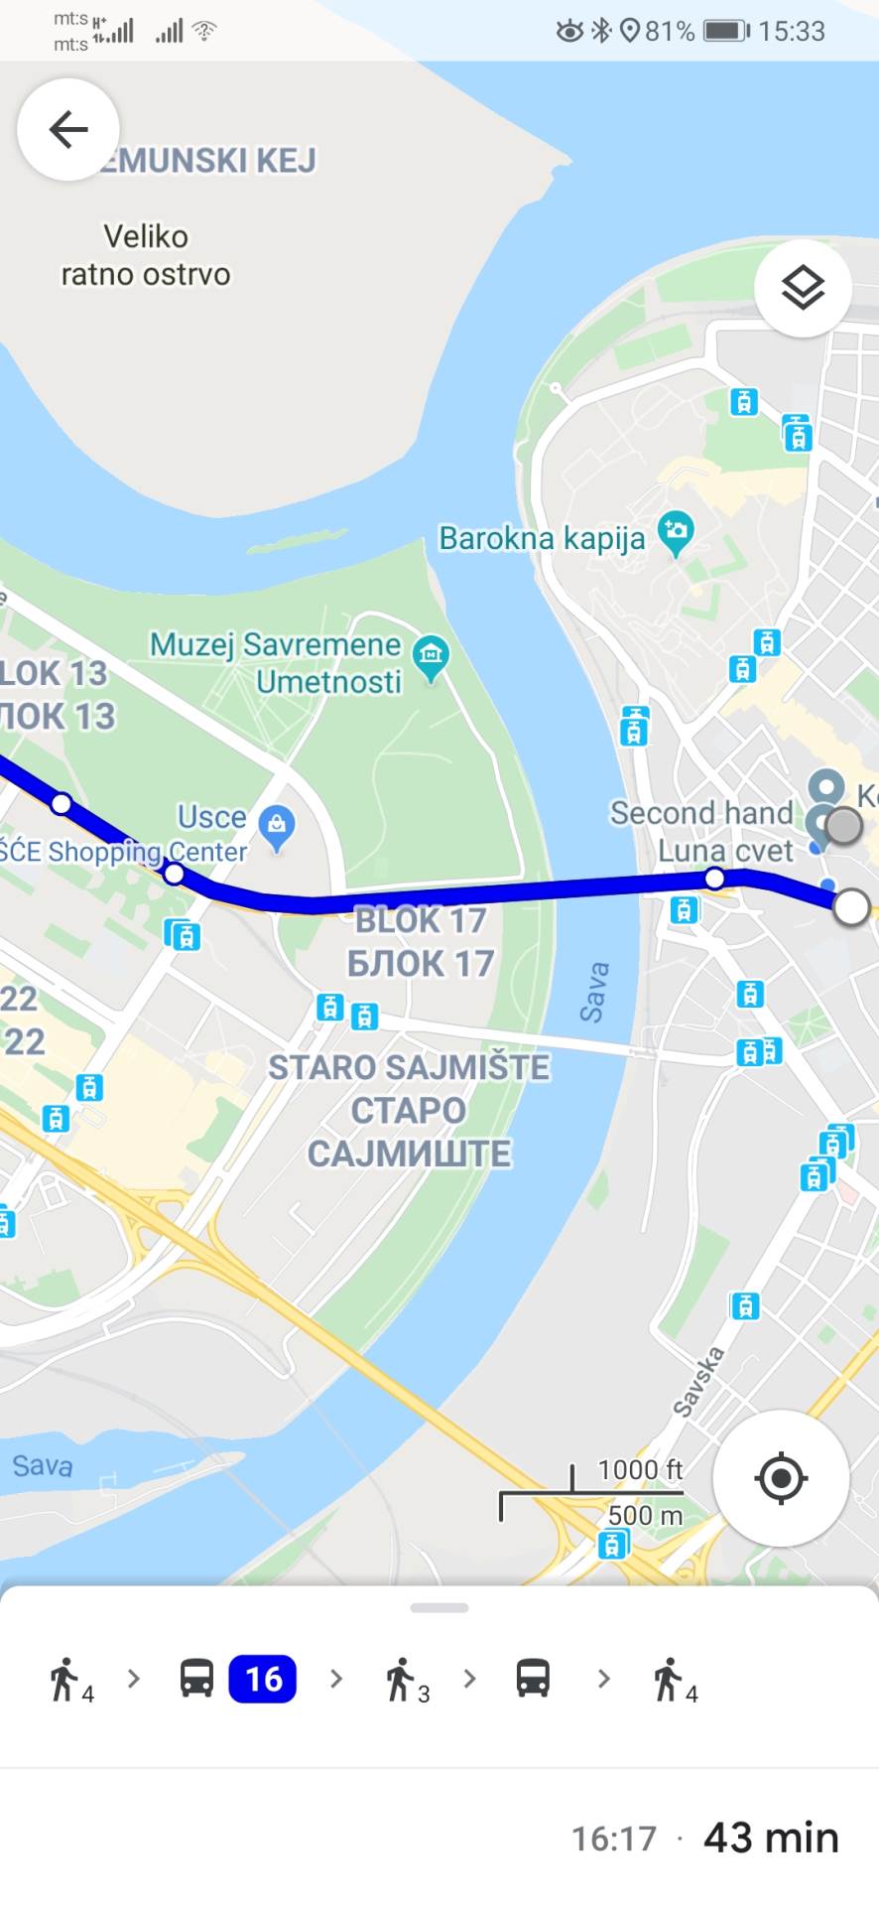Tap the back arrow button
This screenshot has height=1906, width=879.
pyautogui.click(x=67, y=129)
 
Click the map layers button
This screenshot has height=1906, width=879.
pyautogui.click(x=803, y=289)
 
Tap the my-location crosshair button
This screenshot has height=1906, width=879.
pyautogui.click(x=781, y=1478)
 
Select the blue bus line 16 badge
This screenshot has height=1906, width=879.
pyautogui.click(x=263, y=1679)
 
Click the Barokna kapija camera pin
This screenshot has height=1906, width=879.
pyautogui.click(x=676, y=532)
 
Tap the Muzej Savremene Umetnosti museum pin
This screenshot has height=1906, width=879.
pyautogui.click(x=431, y=656)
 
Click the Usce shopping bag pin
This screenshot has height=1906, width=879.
pyautogui.click(x=277, y=826)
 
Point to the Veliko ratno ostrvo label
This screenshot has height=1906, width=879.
pyautogui.click(x=146, y=255)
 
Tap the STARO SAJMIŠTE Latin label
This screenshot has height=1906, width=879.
pyautogui.click(x=409, y=1067)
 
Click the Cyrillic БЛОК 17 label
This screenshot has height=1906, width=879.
pyautogui.click(x=420, y=963)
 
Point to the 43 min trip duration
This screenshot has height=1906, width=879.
pyautogui.click(x=771, y=1838)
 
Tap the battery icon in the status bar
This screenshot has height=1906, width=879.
pyautogui.click(x=726, y=31)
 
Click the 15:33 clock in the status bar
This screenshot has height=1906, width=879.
pyautogui.click(x=792, y=31)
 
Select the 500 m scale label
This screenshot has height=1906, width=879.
pyautogui.click(x=645, y=1515)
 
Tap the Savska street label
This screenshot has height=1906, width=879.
pyautogui.click(x=698, y=1381)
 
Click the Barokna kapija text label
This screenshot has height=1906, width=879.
pyautogui.click(x=542, y=538)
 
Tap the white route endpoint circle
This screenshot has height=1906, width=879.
pyautogui.click(x=851, y=907)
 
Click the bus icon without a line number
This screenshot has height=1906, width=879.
pyautogui.click(x=533, y=1679)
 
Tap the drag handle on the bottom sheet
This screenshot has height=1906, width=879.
pyautogui.click(x=439, y=1607)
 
